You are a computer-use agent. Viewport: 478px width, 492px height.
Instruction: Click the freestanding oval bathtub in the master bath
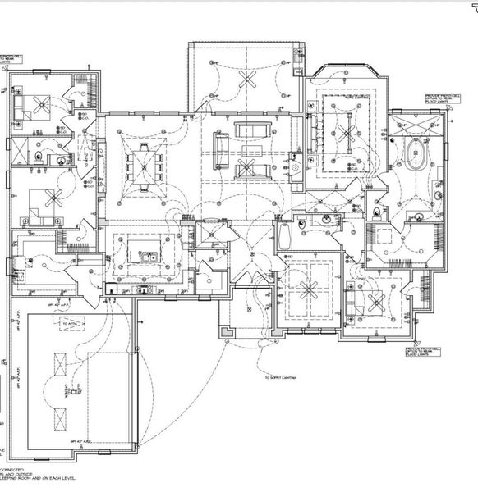point(415,155)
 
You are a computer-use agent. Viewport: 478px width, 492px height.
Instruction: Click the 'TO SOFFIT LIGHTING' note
point(280,378)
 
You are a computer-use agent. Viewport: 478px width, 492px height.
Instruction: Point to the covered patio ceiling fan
point(246,79)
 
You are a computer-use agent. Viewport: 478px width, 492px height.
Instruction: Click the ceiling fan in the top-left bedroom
point(37,105)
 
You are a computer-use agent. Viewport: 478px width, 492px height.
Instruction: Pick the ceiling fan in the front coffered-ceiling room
point(310,289)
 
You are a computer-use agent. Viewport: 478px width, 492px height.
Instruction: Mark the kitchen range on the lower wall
point(144,289)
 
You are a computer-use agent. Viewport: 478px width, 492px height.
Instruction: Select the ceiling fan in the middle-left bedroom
point(53,199)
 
